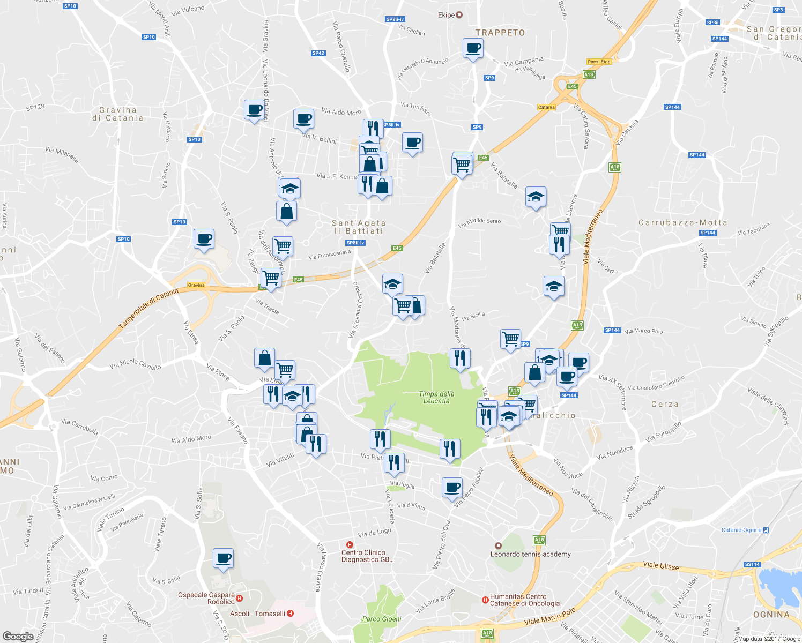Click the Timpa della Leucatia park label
click(x=436, y=397)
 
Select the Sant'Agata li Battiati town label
click(x=359, y=227)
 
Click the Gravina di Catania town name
click(x=118, y=114)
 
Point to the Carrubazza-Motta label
click(x=682, y=222)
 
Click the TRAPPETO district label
click(x=500, y=33)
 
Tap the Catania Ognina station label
click(x=741, y=530)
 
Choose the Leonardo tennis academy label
click(x=531, y=554)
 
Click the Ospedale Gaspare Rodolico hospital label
click(x=206, y=598)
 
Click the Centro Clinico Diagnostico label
click(x=367, y=556)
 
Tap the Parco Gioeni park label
click(x=382, y=619)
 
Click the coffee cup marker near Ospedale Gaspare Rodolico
click(x=223, y=558)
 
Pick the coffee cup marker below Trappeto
click(x=473, y=48)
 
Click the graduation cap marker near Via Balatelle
click(x=535, y=197)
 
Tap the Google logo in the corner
click(x=18, y=636)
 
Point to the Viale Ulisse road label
click(x=660, y=566)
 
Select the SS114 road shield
click(x=752, y=564)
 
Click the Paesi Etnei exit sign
click(x=599, y=62)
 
